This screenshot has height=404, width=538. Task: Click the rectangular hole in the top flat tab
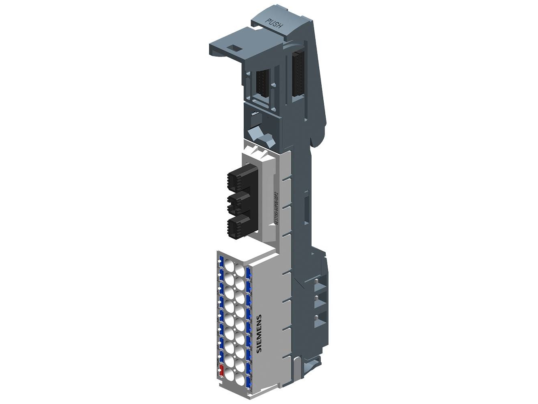(234, 48)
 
